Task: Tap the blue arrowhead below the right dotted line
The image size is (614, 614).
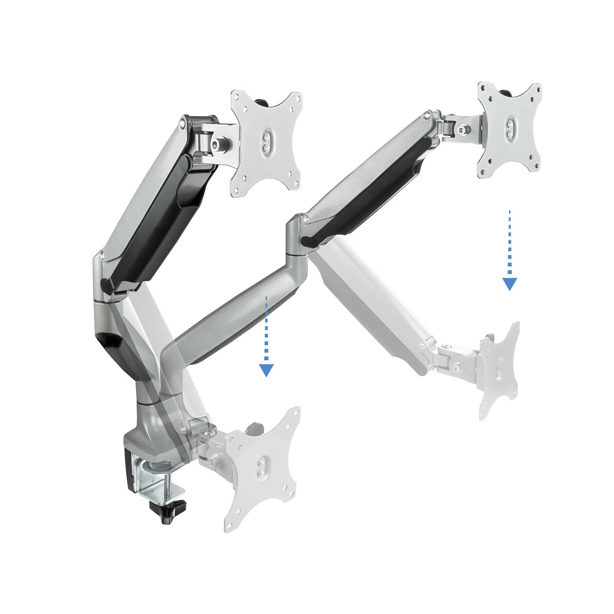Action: [509, 284]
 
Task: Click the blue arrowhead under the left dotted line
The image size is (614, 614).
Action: [266, 370]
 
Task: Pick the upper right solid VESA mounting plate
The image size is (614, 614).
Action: [509, 129]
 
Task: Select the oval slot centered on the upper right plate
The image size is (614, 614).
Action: [509, 129]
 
